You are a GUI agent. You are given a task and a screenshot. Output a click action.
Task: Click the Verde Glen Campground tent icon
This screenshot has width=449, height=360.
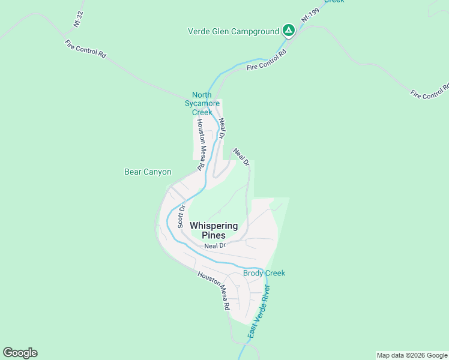[x=289, y=30]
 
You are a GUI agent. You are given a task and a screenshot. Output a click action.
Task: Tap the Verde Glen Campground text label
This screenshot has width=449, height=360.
[x=234, y=31]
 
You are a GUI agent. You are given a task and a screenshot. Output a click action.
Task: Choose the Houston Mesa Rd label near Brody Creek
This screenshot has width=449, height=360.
[x=214, y=290]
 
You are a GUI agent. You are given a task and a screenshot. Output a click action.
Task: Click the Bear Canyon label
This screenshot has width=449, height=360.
[x=148, y=172]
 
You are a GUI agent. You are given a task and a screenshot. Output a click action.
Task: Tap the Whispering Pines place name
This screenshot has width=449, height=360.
[x=214, y=230]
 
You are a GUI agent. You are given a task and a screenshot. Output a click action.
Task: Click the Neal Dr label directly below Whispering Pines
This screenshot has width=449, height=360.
[x=214, y=246]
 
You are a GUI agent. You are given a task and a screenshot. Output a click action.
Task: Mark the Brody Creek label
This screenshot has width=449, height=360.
[x=264, y=273]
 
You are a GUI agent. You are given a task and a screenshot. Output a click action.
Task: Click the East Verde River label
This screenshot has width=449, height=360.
[x=259, y=312]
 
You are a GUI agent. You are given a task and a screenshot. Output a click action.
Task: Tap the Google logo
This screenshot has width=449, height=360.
[x=20, y=353]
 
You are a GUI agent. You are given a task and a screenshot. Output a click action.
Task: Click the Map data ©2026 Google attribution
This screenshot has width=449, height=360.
[x=412, y=355]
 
